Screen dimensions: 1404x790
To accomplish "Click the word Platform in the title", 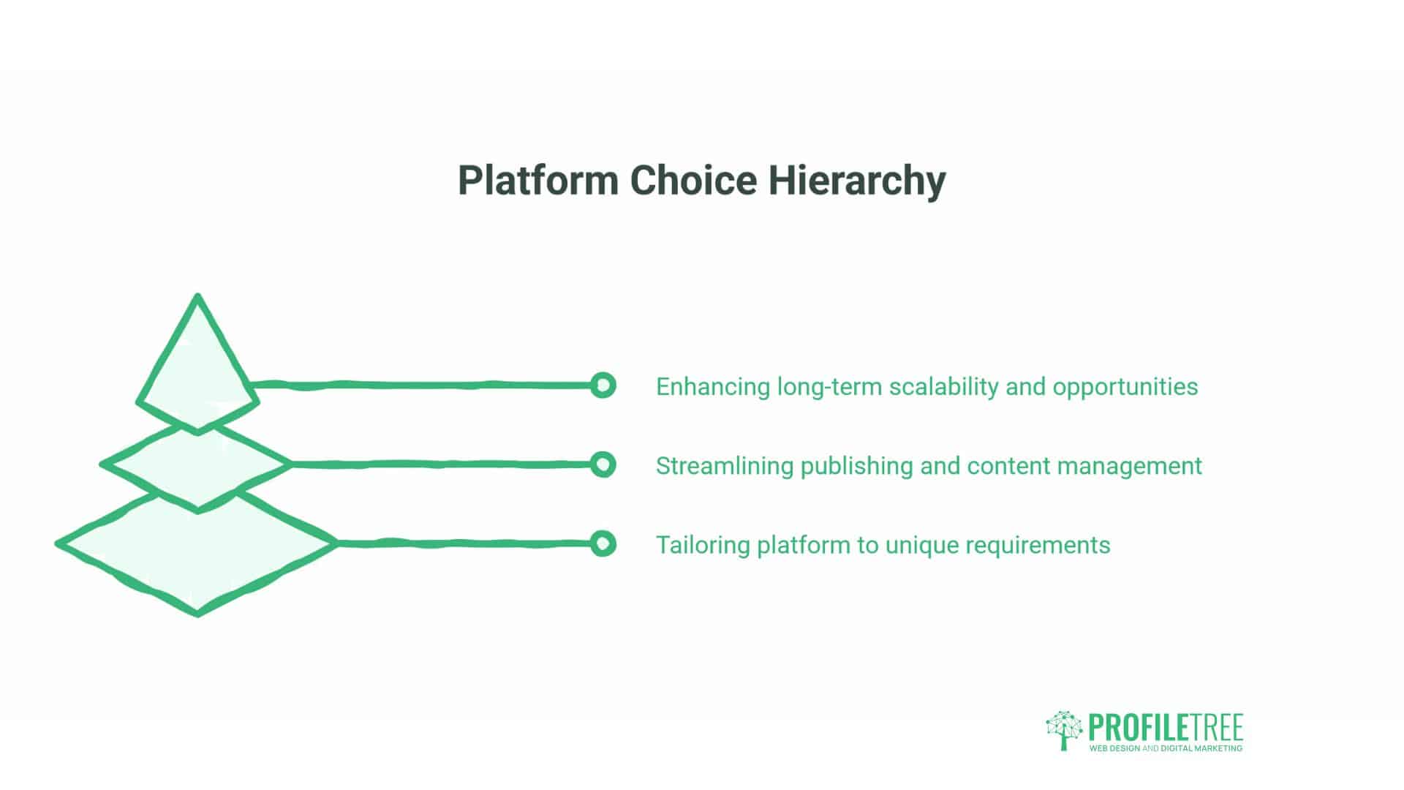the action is [x=538, y=181].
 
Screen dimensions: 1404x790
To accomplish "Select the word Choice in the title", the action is [x=693, y=180].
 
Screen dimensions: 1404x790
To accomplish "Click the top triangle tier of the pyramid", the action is [x=197, y=366].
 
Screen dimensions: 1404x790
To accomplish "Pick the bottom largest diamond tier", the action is [x=197, y=556].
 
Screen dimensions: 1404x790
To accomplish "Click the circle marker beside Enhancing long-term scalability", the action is [x=603, y=385].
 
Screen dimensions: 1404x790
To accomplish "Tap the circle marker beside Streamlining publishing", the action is [x=603, y=464].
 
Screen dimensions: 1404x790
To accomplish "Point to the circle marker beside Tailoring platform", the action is [x=603, y=543].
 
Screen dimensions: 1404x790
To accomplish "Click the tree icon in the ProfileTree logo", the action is [x=1064, y=730].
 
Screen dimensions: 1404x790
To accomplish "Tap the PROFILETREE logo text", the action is [x=1166, y=728].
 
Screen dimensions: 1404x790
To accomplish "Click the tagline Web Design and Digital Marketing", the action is [x=1166, y=748].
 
